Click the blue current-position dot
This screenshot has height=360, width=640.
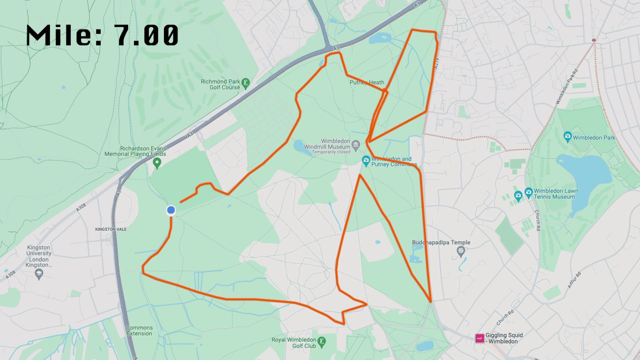pyautogui.click(x=171, y=210)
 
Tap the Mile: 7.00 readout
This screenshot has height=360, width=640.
pyautogui.click(x=102, y=35)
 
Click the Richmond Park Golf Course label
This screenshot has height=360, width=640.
pyautogui.click(x=220, y=84)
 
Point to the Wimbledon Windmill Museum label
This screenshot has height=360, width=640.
pyautogui.click(x=327, y=144)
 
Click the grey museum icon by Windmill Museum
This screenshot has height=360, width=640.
pyautogui.click(x=356, y=145)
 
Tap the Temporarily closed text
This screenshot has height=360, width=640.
pyautogui.click(x=331, y=152)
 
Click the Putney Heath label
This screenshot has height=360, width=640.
pyautogui.click(x=367, y=82)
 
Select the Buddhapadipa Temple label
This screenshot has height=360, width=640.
pyautogui.click(x=441, y=242)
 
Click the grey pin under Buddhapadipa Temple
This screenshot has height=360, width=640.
pyautogui.click(x=461, y=251)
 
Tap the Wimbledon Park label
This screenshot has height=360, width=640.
pyautogui.click(x=594, y=138)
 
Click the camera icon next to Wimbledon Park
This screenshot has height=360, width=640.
pyautogui.click(x=567, y=137)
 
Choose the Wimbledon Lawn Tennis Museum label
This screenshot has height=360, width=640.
pyautogui.click(x=556, y=194)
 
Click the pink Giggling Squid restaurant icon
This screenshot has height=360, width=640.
pyautogui.click(x=480, y=338)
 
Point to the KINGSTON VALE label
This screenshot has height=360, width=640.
pyautogui.click(x=111, y=229)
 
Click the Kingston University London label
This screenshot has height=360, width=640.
pyautogui.click(x=39, y=256)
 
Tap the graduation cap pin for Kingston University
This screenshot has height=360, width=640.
pyautogui.click(x=39, y=274)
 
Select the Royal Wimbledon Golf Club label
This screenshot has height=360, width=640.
pyautogui.click(x=294, y=343)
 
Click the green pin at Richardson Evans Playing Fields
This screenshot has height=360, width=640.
pyautogui.click(x=157, y=163)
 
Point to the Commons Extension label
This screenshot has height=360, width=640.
pyautogui.click(x=139, y=330)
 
